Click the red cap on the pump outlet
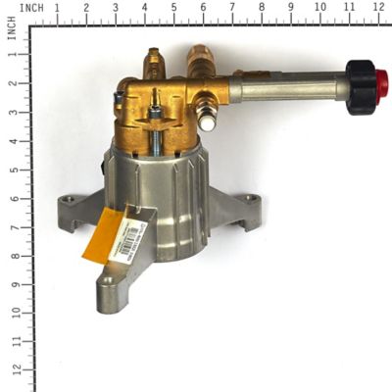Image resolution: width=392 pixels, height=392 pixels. click(x=380, y=83)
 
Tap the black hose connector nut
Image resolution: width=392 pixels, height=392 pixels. click(x=361, y=85)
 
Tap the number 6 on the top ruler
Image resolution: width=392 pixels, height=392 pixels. click(x=203, y=8)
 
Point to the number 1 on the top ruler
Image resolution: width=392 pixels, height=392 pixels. click(x=56, y=8)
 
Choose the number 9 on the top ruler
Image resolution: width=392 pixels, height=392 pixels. click(x=291, y=8)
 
